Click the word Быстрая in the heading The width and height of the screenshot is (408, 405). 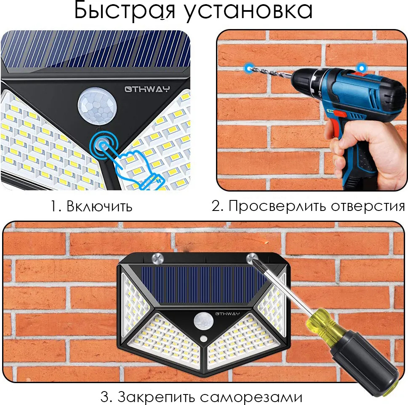click(125, 11)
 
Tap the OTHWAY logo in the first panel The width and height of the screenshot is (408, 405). click(147, 89)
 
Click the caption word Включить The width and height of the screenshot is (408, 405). click(99, 207)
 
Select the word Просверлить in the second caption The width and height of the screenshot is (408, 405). click(277, 207)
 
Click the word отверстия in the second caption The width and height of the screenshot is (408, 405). click(368, 207)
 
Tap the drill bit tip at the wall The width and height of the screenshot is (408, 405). click(249, 69)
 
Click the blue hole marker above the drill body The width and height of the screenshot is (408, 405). click(361, 68)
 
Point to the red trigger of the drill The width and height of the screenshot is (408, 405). click(340, 114)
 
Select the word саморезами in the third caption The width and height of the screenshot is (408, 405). click(251, 397)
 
